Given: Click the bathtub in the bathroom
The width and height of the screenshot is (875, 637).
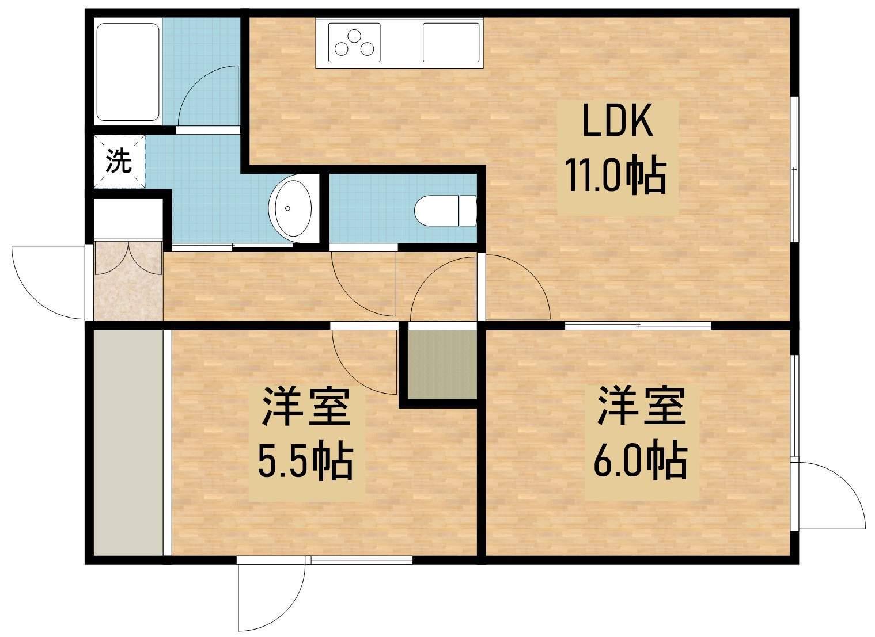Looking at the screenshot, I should (x=128, y=71).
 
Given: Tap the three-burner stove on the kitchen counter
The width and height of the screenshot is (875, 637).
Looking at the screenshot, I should (x=354, y=42).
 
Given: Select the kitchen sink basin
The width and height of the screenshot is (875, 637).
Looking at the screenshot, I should (x=451, y=42).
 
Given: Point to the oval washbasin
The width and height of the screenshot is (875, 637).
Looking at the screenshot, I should (x=293, y=209).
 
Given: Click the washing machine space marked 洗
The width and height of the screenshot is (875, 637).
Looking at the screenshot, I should (x=119, y=162).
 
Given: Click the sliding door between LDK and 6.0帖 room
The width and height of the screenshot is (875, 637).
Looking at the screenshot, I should (x=638, y=326).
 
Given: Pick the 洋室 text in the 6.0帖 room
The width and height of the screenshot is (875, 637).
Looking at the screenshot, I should (x=640, y=406).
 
